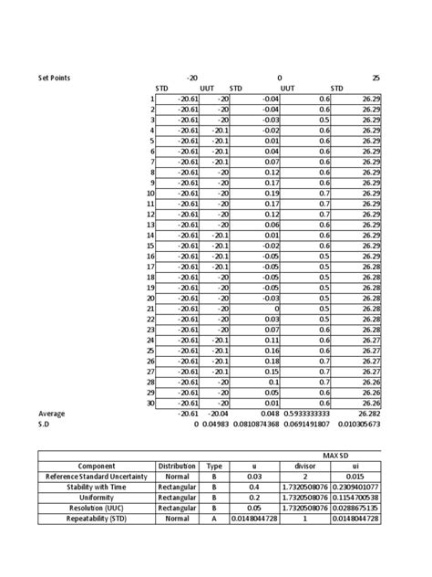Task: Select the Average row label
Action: click(52, 413)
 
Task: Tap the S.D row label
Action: click(45, 424)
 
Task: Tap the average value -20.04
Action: click(218, 413)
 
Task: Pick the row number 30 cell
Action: click(150, 402)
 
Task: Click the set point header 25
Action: click(375, 78)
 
